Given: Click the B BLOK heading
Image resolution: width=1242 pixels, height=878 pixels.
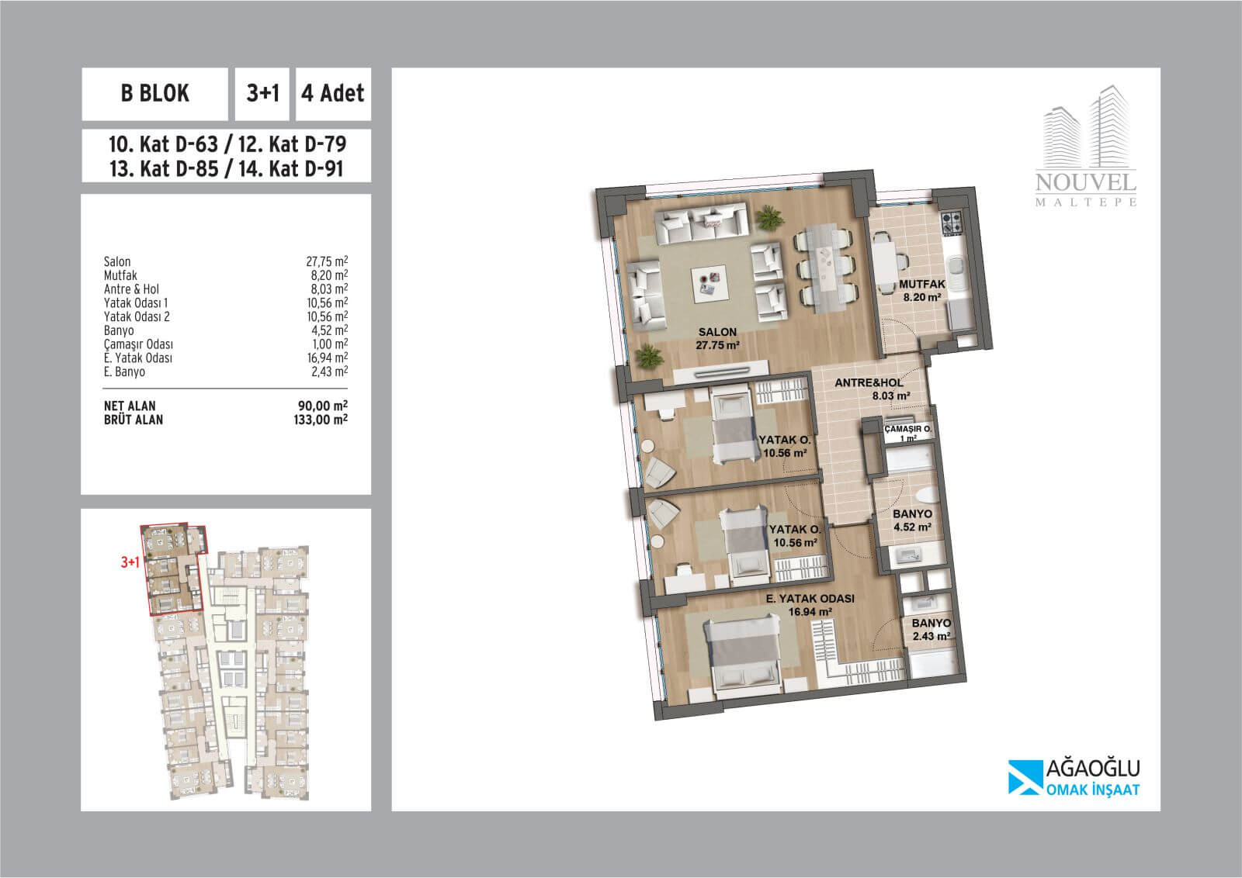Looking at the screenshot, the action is pos(154,93).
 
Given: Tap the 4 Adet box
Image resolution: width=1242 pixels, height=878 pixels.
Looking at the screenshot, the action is pos(333,94).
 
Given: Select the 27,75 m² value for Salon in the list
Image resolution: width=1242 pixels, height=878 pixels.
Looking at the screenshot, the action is pos(327,261).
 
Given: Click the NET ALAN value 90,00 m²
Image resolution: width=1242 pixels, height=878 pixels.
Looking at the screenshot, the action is pos(323,406).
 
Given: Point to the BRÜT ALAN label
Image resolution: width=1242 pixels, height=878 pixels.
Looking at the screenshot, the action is pos(133,420).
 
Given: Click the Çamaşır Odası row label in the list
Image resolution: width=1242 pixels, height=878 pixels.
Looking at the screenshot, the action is pos(138,344).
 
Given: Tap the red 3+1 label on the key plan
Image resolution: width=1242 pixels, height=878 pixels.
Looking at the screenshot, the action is pos(130,562).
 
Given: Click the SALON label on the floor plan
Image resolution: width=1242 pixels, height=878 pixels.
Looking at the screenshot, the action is pos(717,333).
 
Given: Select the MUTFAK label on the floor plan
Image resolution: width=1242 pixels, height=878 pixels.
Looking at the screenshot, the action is pos(922,284).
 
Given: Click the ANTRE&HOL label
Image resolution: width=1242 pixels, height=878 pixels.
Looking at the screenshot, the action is pos(869,383).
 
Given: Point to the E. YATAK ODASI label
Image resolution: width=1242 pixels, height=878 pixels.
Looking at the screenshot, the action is pos(810,599).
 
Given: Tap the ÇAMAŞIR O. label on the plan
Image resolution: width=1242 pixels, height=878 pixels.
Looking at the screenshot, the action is pos(907,429).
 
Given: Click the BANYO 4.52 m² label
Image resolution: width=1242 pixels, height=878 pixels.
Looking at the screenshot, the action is pos(912,520).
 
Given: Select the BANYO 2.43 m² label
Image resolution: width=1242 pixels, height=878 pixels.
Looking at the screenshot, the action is pos(931,629).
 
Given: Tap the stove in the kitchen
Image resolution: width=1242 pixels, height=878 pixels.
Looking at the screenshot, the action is pos(952,222).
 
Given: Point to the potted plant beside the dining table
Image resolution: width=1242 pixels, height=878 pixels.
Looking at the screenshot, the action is pos(769,217).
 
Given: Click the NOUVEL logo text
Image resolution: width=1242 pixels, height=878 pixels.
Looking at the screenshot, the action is pos(1086,182).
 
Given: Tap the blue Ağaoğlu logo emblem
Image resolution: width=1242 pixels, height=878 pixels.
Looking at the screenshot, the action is pos(1025,777).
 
